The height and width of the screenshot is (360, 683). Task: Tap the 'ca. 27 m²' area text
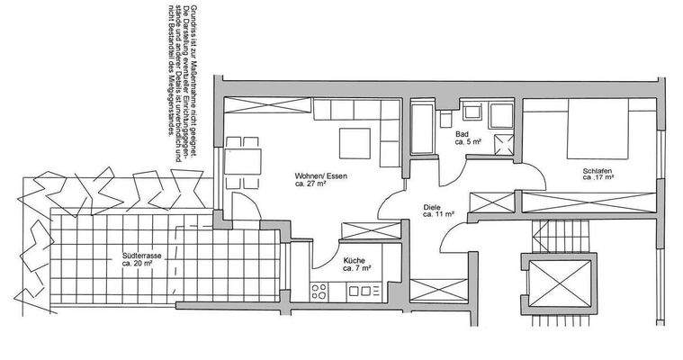click(310, 184)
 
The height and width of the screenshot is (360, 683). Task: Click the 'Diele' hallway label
click(432, 206)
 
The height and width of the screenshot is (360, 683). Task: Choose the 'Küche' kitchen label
click(354, 262)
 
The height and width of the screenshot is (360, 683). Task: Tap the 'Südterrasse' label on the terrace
click(141, 256)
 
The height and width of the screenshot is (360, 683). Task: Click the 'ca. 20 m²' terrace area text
click(141, 265)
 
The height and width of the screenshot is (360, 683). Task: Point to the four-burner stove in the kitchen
click(319, 291)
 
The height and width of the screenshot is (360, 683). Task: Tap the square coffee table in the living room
click(353, 142)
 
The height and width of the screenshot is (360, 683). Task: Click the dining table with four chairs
click(243, 162)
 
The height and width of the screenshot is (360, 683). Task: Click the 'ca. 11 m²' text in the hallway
click(437, 216)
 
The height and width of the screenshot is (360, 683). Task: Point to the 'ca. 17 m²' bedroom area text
click(598, 178)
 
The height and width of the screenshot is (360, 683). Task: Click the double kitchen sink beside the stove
click(365, 291)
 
